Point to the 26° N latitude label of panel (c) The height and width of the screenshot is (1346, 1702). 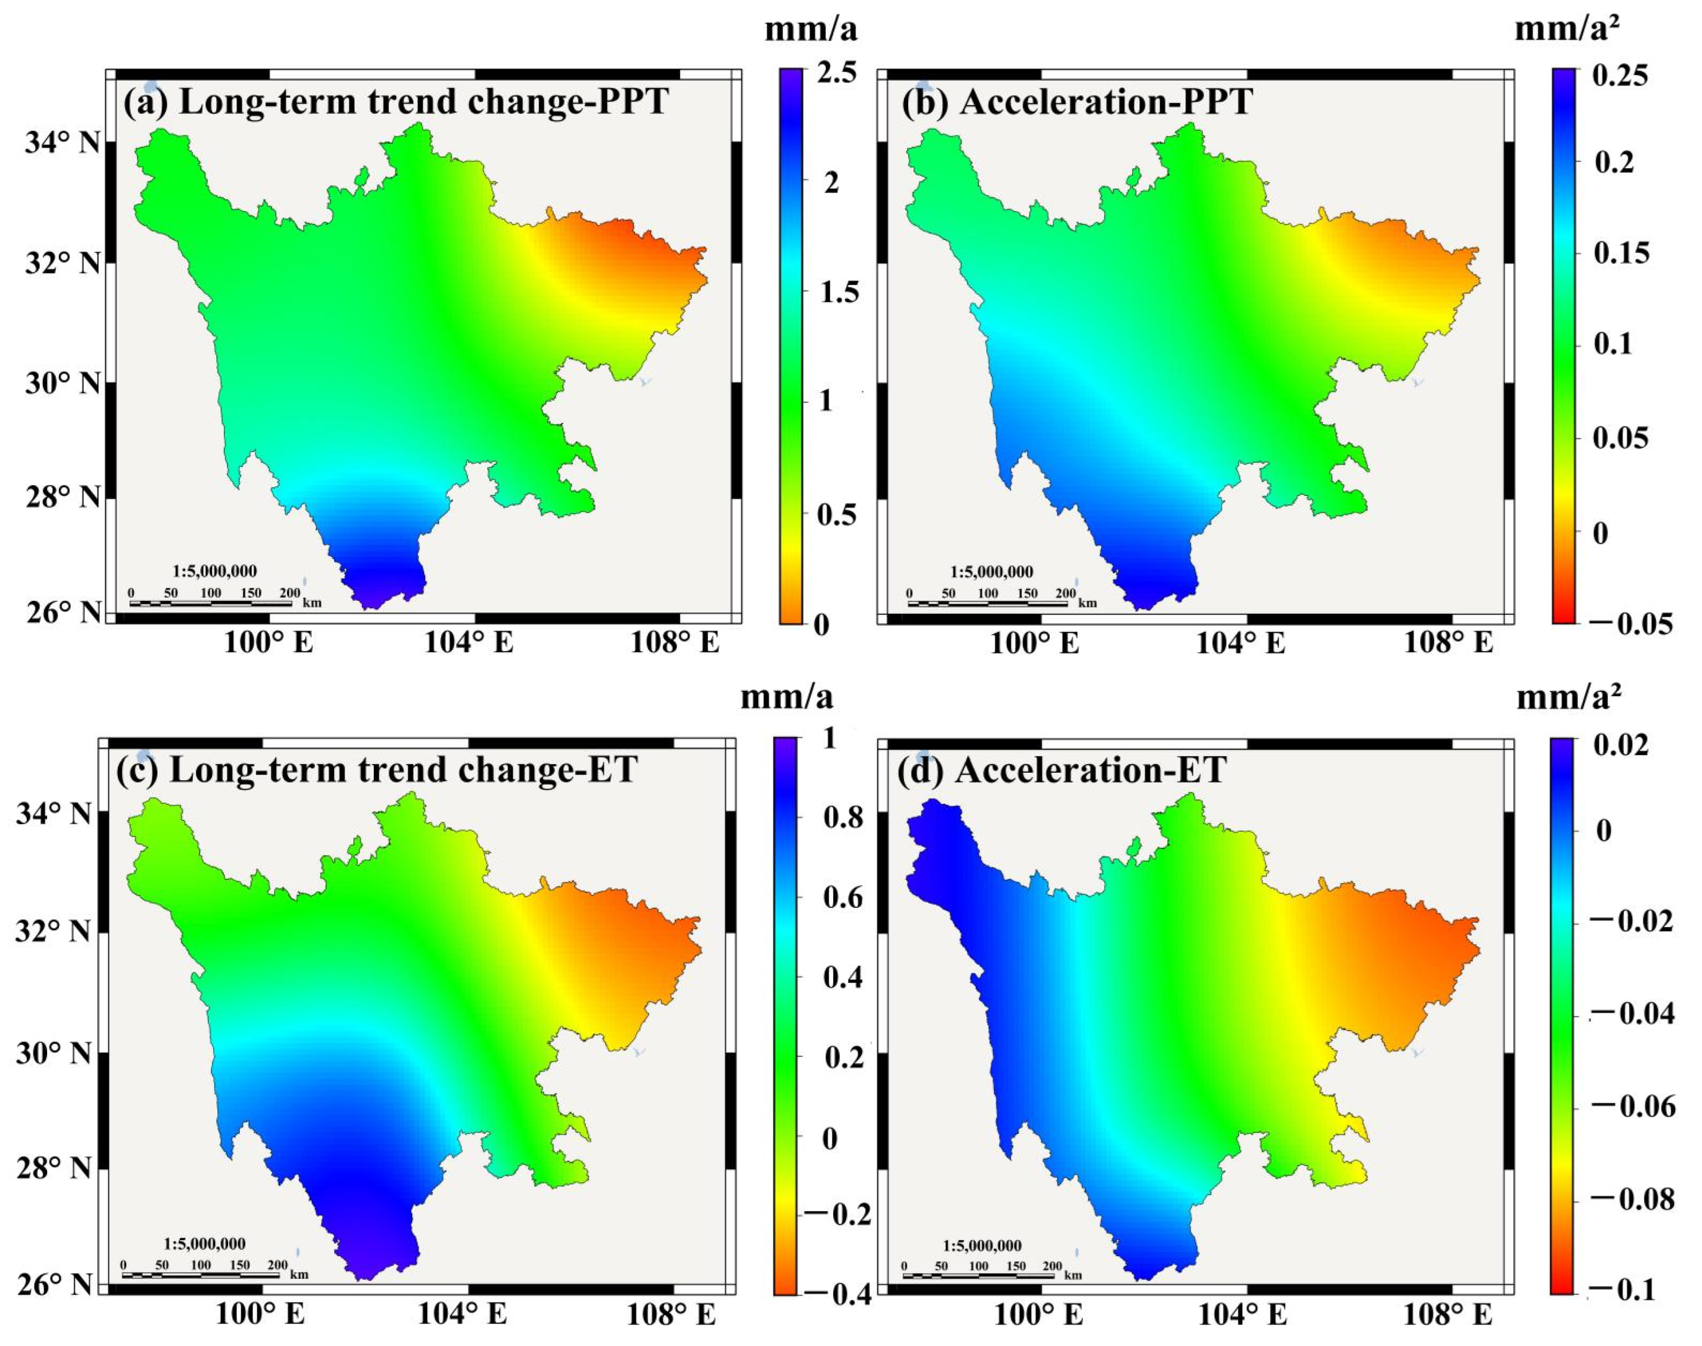click(54, 1284)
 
